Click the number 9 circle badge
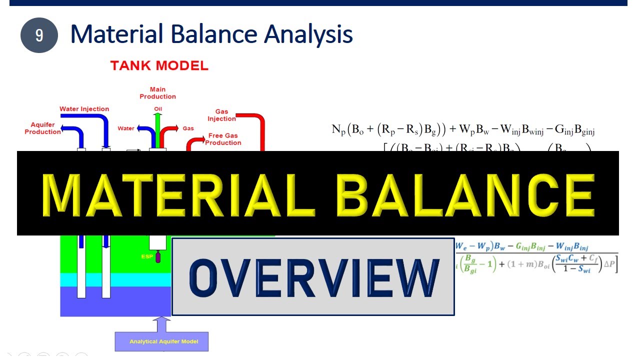pyautogui.click(x=39, y=35)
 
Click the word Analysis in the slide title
pyautogui.click(x=308, y=34)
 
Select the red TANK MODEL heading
pyautogui.click(x=159, y=65)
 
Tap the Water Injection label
pyautogui.click(x=84, y=109)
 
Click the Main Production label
pyautogui.click(x=157, y=93)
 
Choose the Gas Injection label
pyautogui.click(x=221, y=115)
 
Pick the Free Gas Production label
pyautogui.click(x=223, y=139)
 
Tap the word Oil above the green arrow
pyautogui.click(x=158, y=109)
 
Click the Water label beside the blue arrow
pyautogui.click(x=126, y=128)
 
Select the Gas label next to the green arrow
pyautogui.click(x=188, y=128)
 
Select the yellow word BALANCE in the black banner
pyautogui.click(x=465, y=194)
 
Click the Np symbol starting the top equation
pyautogui.click(x=338, y=130)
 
